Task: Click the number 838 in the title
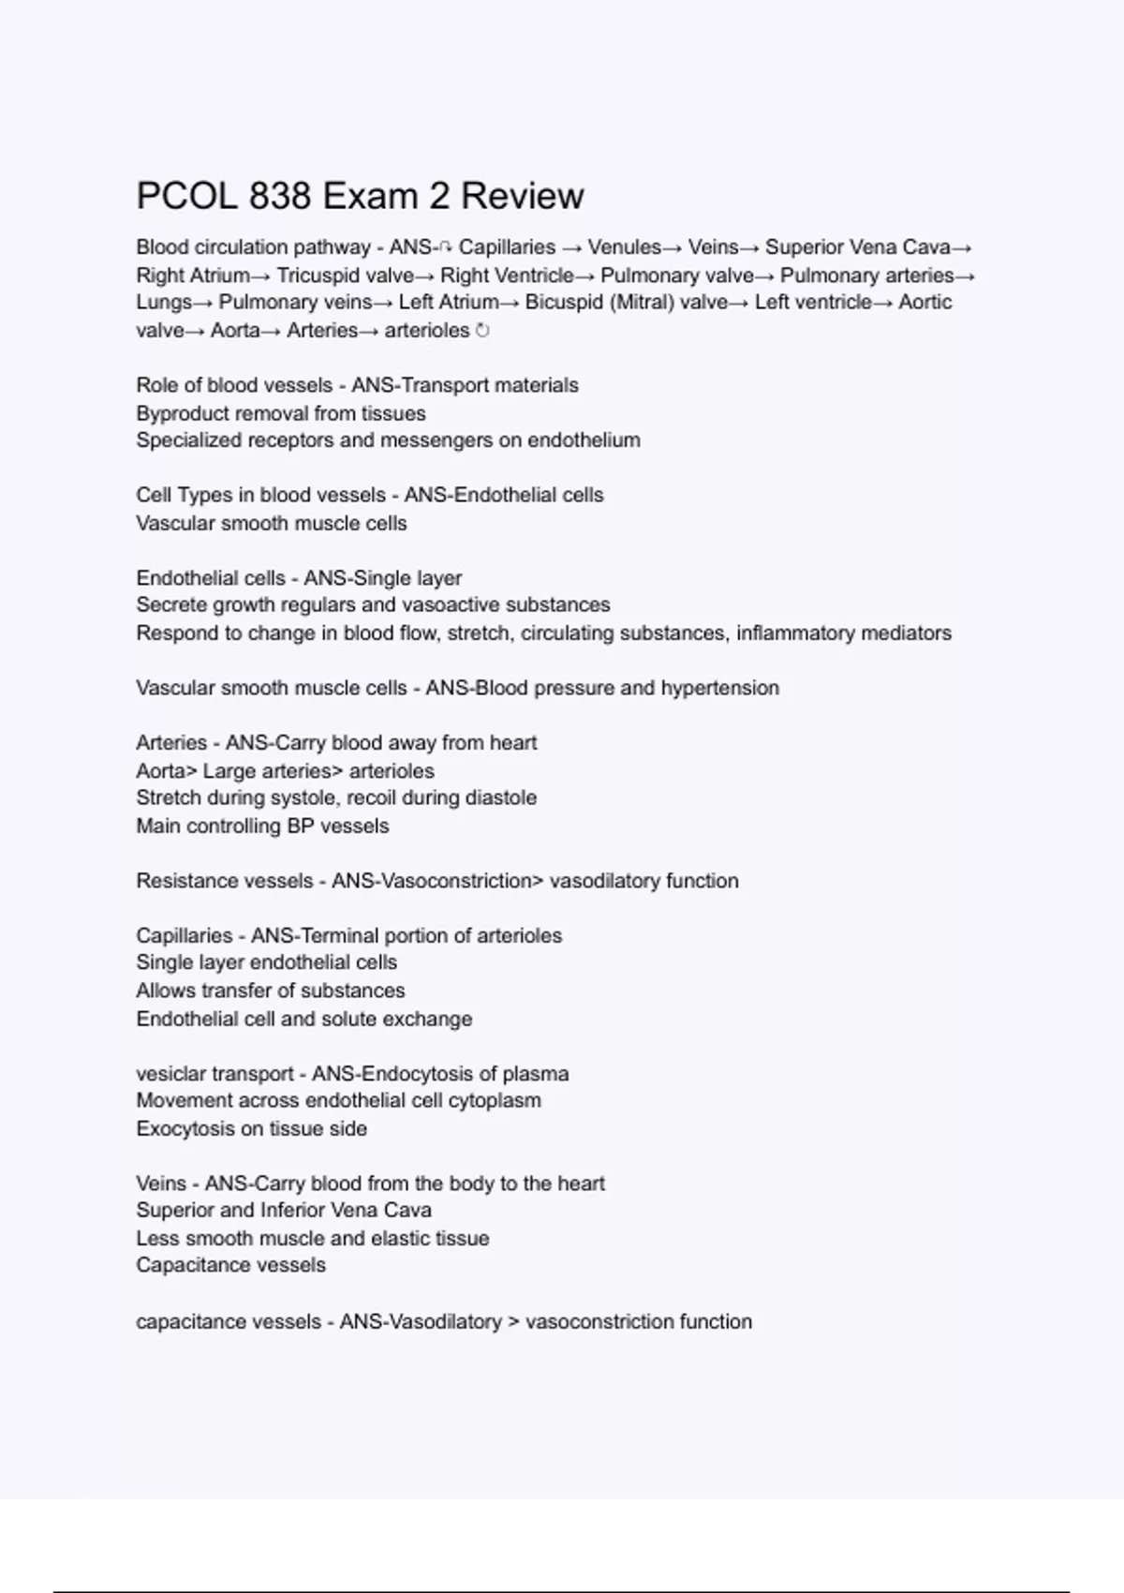pyautogui.click(x=280, y=197)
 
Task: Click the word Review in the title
pyautogui.click(x=522, y=197)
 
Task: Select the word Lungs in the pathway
pyautogui.click(x=163, y=303)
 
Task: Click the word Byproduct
pyautogui.click(x=182, y=413)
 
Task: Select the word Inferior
pyautogui.click(x=292, y=1211)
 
